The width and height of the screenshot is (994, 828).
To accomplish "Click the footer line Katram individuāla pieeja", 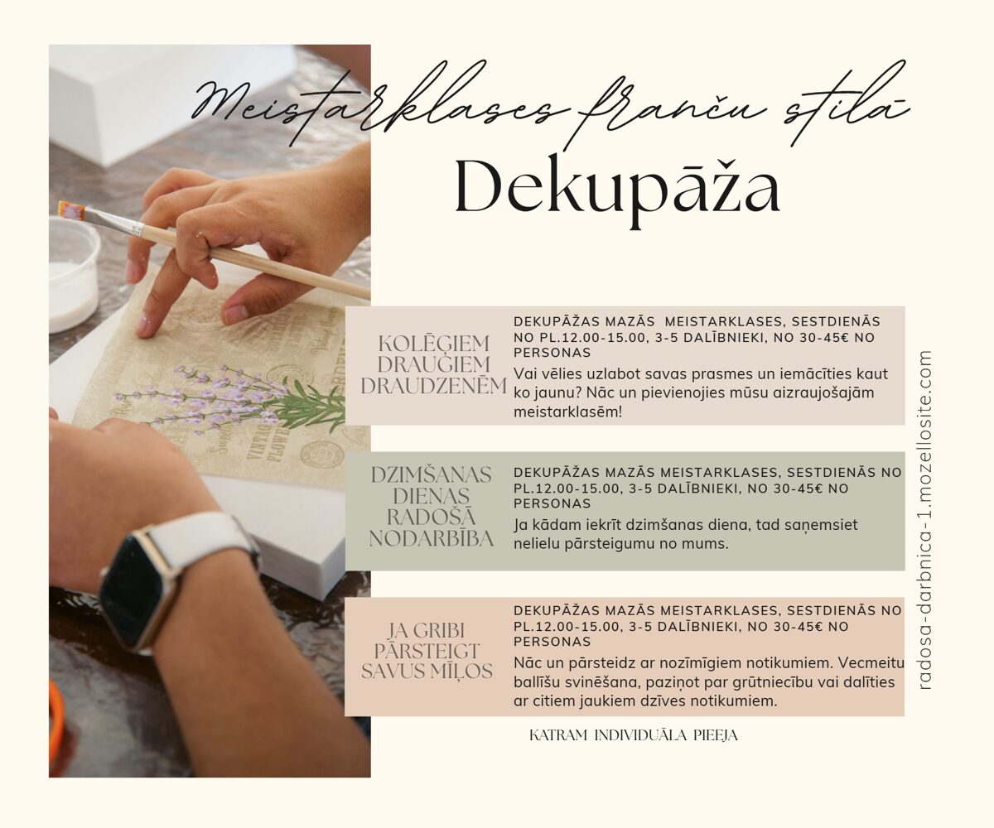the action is tap(633, 736).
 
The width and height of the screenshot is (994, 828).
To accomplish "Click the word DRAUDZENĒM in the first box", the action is tap(433, 386).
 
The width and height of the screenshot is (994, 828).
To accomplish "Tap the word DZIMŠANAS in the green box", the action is tap(431, 475).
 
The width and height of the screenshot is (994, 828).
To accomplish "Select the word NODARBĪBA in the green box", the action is tap(431, 539).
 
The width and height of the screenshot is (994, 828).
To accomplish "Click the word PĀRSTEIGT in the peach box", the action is tap(427, 651).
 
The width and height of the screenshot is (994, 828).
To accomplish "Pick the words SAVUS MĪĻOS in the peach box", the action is tap(427, 672).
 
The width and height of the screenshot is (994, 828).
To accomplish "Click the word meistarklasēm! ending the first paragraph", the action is tap(567, 412).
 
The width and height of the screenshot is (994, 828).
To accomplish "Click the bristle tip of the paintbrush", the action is tap(71, 210).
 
